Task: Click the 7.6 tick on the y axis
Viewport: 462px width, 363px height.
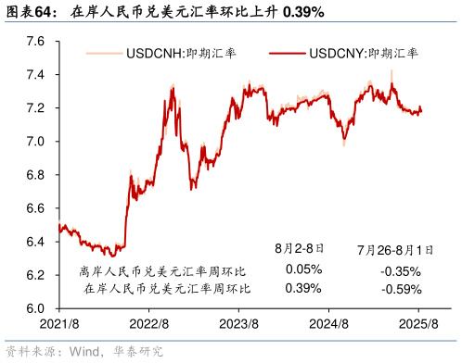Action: [x=35, y=41]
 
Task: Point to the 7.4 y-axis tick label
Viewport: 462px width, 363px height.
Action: [x=35, y=74]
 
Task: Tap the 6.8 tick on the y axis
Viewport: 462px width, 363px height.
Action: [x=35, y=175]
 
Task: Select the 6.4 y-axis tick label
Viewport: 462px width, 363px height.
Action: [x=35, y=242]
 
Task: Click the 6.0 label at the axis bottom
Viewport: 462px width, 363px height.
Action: [x=35, y=308]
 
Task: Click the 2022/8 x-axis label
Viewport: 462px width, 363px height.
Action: [x=148, y=324]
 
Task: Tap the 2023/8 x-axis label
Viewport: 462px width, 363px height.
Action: [x=238, y=324]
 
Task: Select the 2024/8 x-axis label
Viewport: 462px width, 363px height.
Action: [x=328, y=324]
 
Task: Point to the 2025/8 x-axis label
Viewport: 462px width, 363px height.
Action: [x=418, y=324]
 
